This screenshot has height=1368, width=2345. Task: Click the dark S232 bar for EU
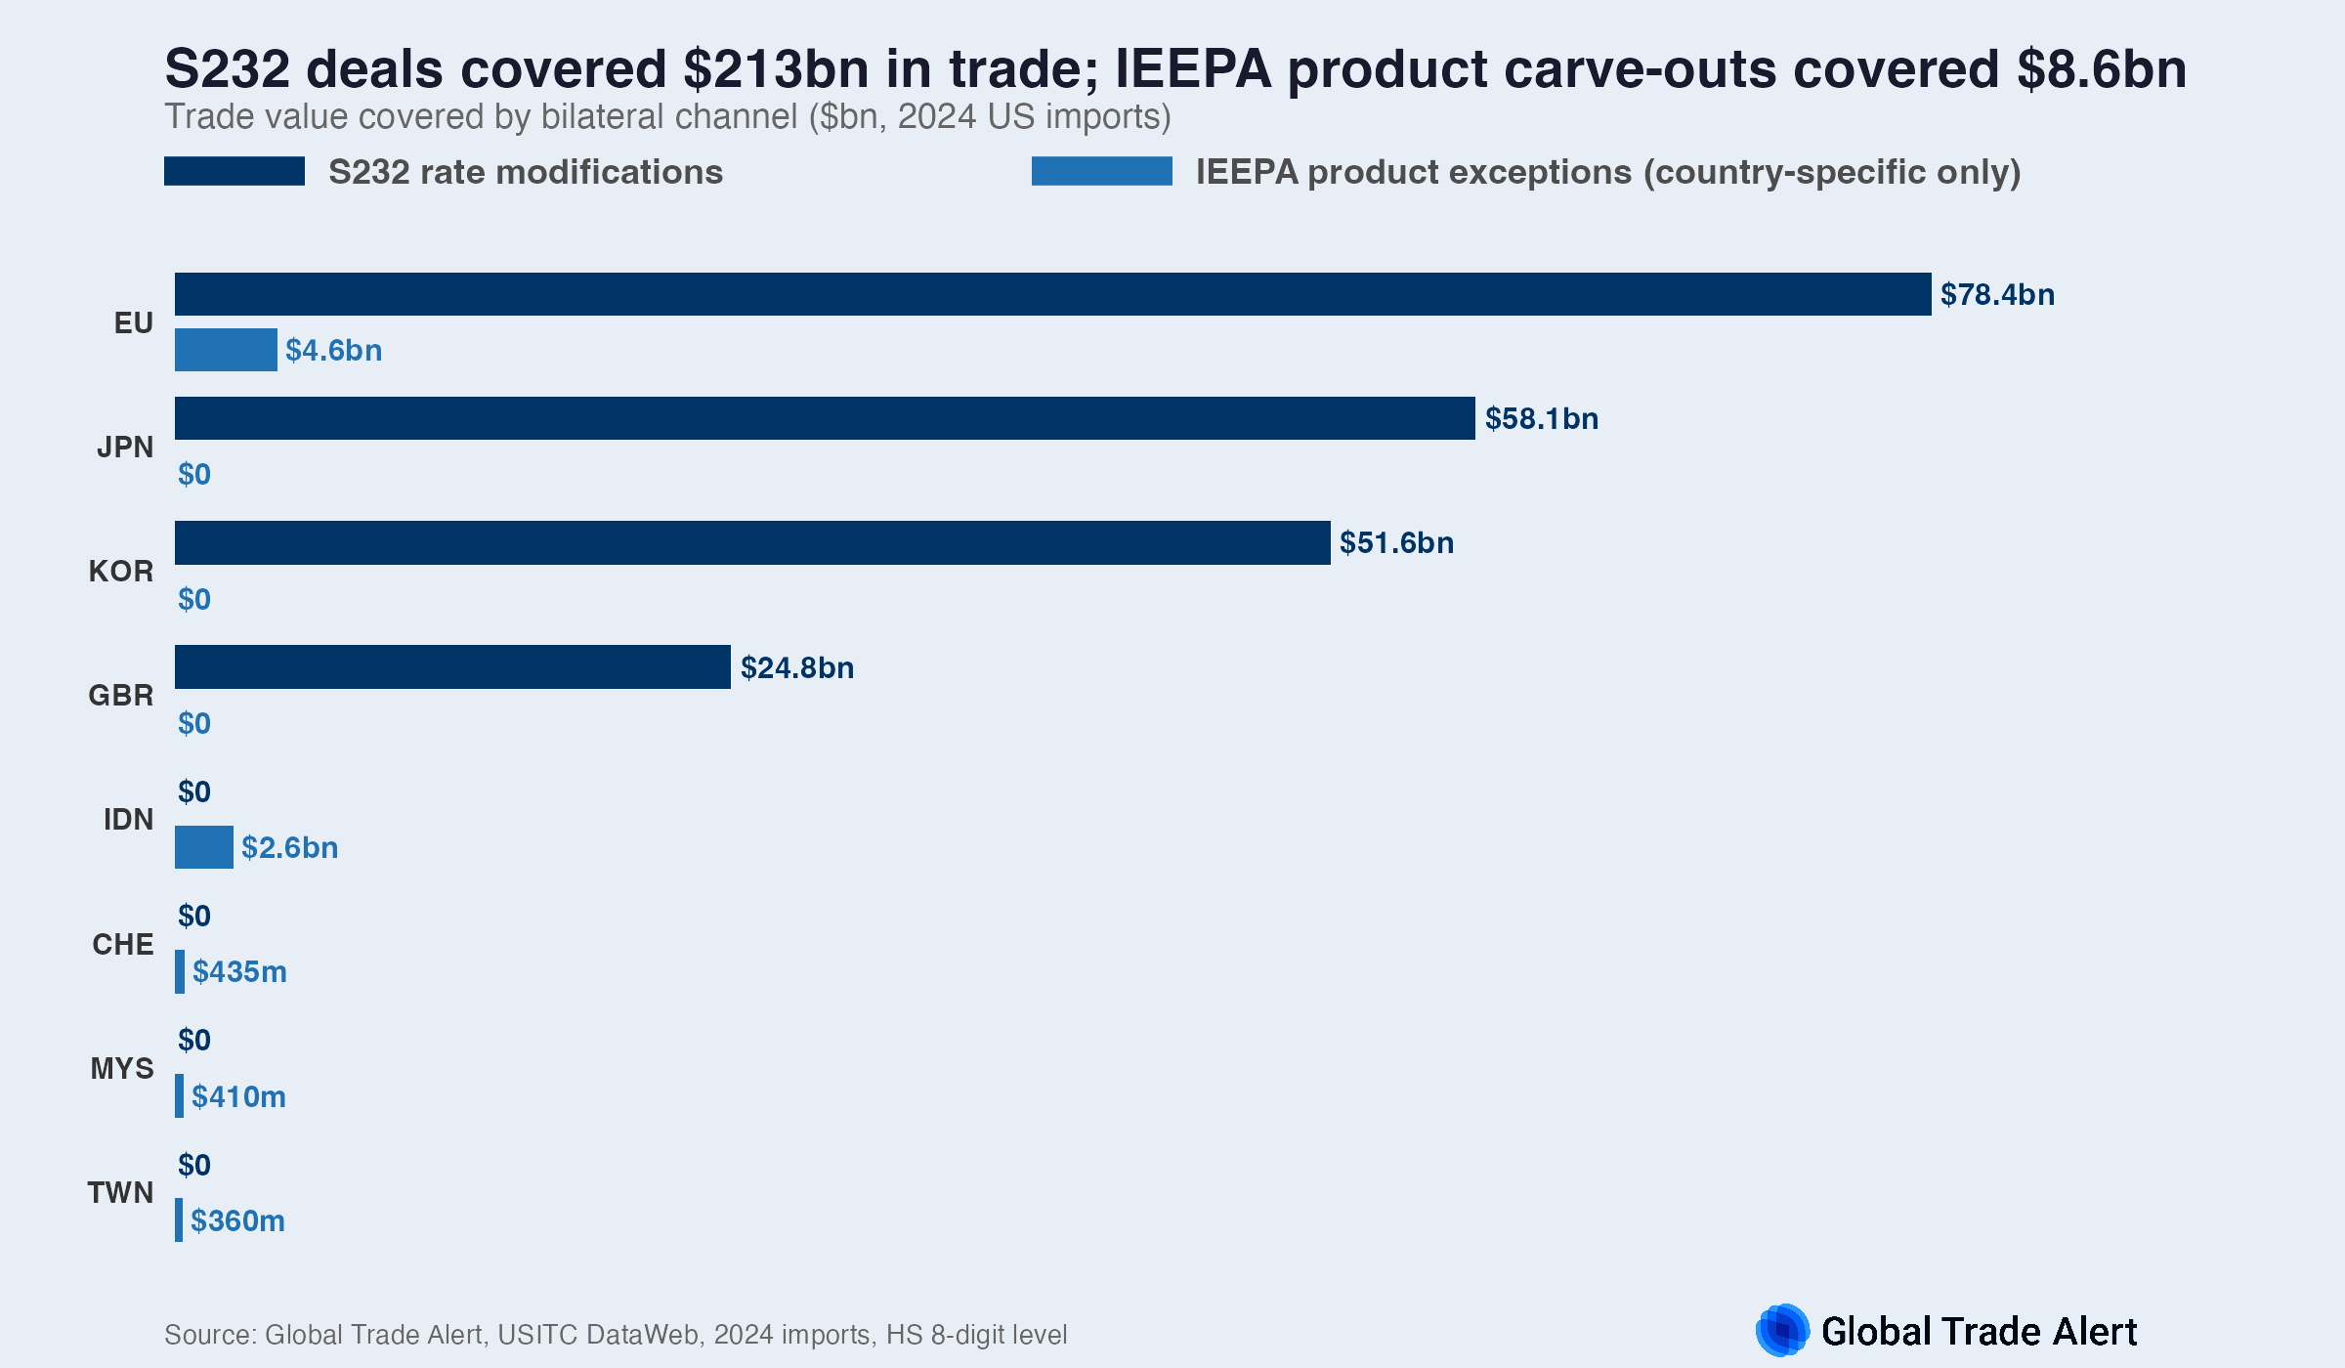(1052, 294)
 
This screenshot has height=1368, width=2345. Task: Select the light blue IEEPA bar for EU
(226, 350)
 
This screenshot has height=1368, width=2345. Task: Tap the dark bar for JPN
(825, 418)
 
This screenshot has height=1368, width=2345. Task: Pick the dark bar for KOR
(752, 542)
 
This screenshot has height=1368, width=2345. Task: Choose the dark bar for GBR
(452, 666)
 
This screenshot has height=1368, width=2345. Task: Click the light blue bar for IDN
(203, 847)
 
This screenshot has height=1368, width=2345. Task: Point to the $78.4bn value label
(1997, 294)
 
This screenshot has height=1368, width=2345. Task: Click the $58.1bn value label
(1542, 418)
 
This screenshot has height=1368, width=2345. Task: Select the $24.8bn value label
(797, 667)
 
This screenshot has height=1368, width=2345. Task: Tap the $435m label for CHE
(239, 971)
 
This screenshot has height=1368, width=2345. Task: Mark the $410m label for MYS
(238, 1096)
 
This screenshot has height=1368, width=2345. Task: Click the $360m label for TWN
(237, 1220)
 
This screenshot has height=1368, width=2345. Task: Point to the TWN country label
(120, 1192)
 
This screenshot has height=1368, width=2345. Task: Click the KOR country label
(121, 571)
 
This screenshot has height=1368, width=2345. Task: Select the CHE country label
(123, 944)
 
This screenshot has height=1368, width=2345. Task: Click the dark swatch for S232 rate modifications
(234, 171)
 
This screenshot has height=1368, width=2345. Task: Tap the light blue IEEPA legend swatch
(1101, 171)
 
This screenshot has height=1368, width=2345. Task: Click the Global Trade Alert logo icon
(1782, 1330)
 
